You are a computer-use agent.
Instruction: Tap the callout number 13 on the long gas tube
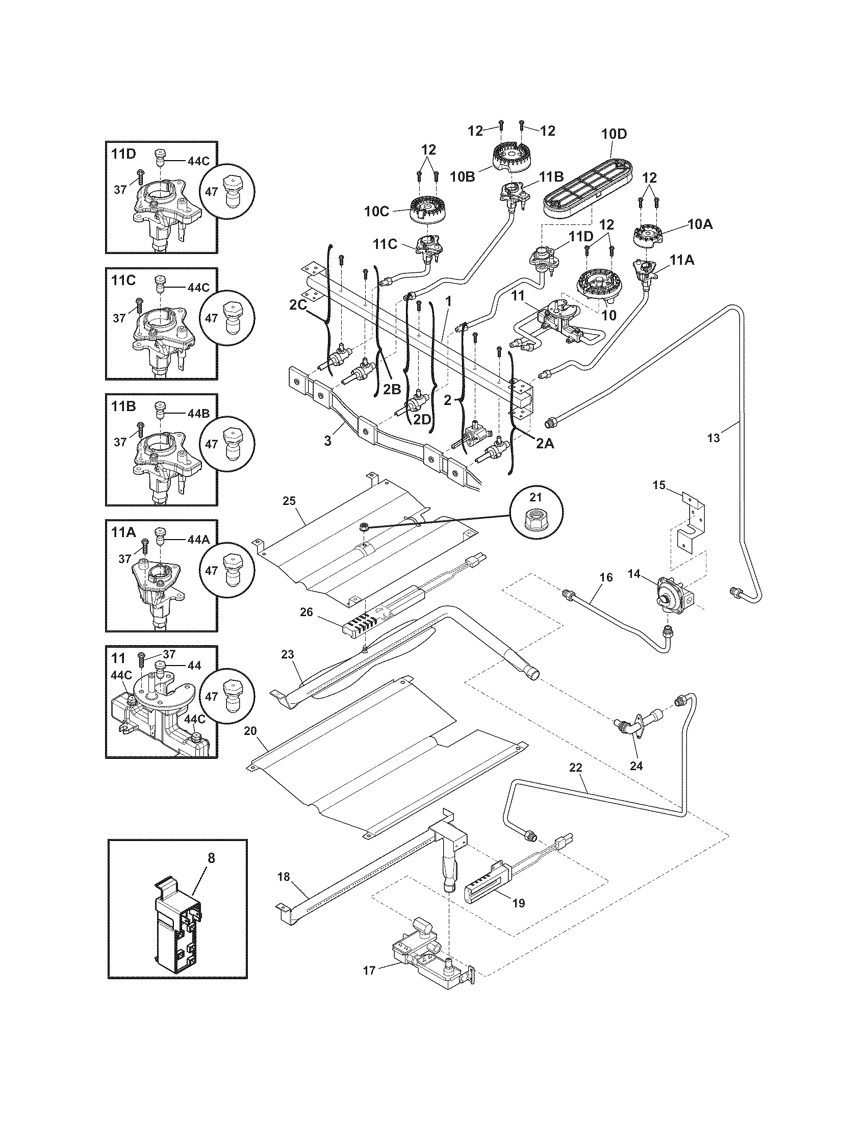tap(713, 438)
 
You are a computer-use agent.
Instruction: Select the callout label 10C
tap(377, 212)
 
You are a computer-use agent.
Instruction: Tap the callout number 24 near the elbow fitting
tap(636, 780)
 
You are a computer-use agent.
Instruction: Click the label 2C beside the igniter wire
tap(297, 304)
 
